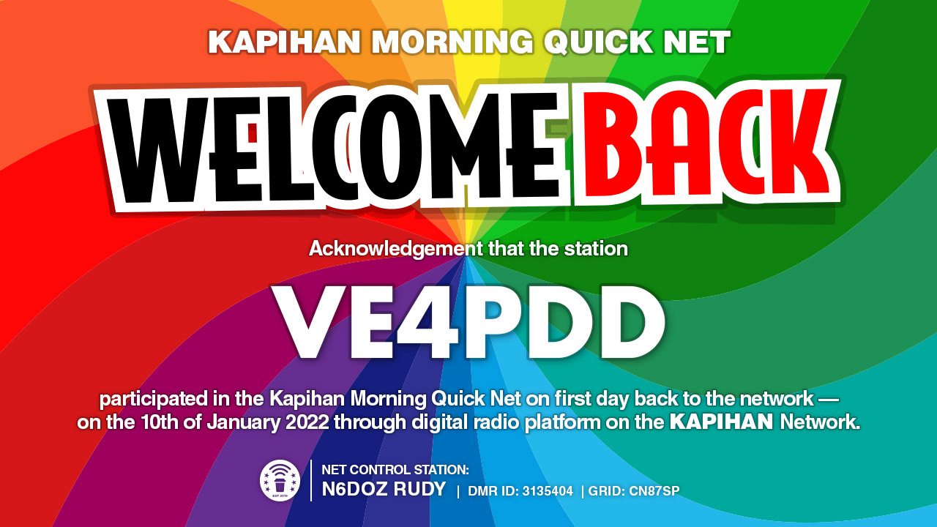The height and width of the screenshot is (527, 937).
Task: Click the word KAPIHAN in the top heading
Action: coord(285,42)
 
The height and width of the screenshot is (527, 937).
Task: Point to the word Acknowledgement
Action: coord(396,250)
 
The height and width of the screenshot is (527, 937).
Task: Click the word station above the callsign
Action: coord(596,249)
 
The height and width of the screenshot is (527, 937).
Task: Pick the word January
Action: coord(244,422)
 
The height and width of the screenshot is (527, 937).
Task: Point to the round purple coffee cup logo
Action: coord(280,481)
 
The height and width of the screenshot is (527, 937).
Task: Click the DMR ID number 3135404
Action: coord(548,491)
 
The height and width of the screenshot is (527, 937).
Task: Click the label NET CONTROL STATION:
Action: coord(395,470)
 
